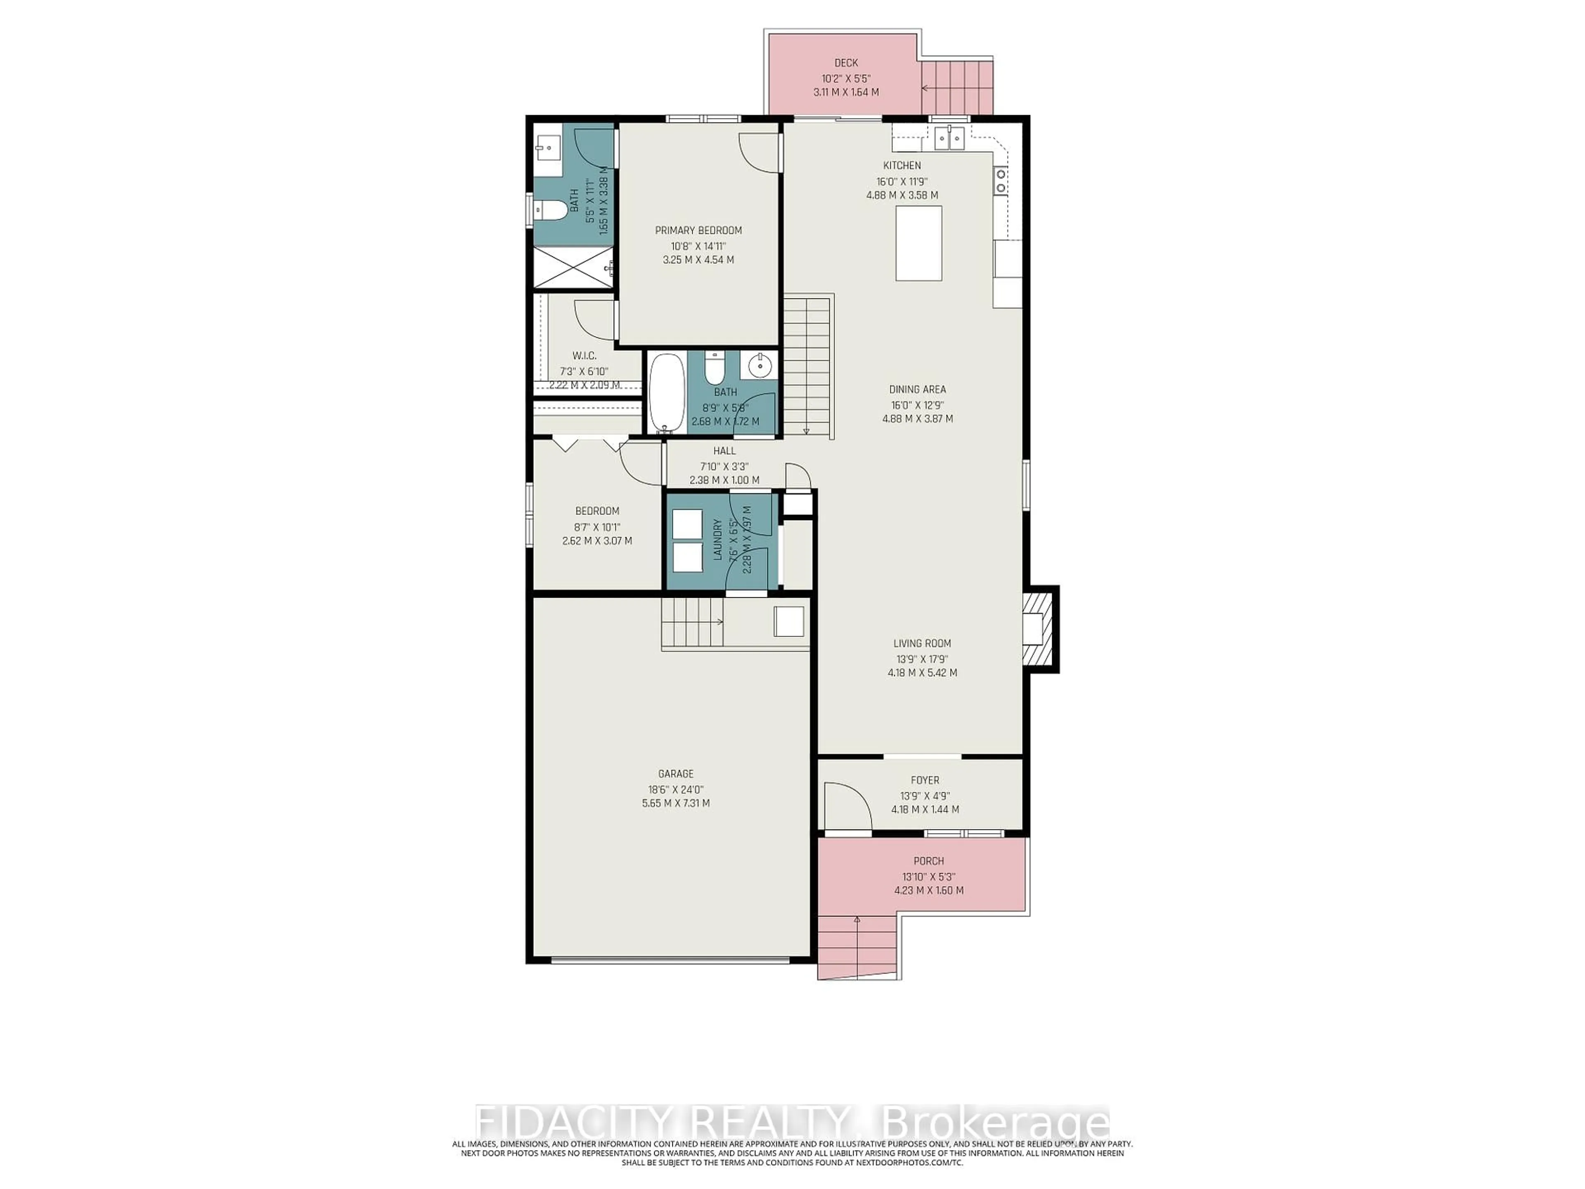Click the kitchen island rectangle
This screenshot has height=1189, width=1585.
point(919,243)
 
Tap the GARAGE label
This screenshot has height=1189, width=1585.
point(676,773)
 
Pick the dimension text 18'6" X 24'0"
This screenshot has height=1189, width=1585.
point(676,789)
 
